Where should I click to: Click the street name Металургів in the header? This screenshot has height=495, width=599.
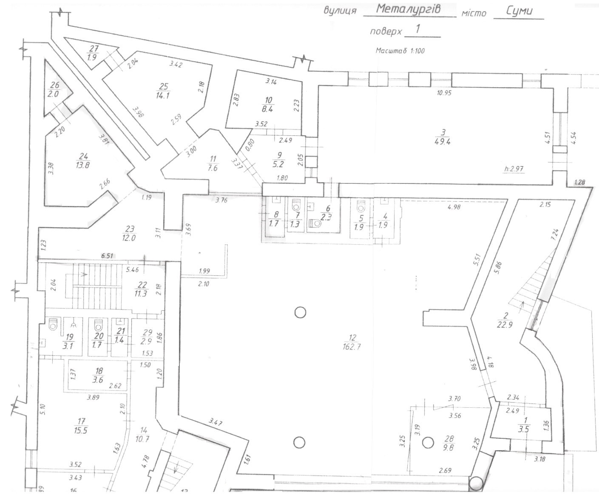coord(409,9)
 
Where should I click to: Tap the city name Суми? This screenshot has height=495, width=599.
coord(519,11)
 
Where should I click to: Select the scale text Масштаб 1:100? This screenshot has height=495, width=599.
coord(400,51)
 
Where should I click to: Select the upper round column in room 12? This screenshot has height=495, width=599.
coord(300,313)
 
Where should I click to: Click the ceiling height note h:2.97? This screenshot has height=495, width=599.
coord(514,169)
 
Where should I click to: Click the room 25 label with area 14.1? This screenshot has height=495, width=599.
coord(162,91)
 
